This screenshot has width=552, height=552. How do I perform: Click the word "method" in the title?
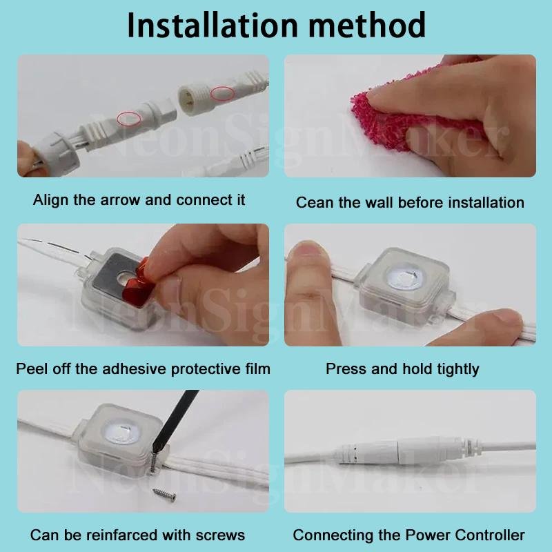pyautogui.click(x=367, y=25)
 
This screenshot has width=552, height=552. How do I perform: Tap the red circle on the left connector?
pyautogui.click(x=129, y=119)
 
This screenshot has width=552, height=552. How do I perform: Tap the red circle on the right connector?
pyautogui.click(x=223, y=94)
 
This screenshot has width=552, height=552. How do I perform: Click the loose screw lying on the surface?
pyautogui.click(x=165, y=494)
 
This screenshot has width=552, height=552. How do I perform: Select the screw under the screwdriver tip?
pyautogui.click(x=153, y=462)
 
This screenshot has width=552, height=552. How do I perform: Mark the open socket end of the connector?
pyautogui.click(x=186, y=97)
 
